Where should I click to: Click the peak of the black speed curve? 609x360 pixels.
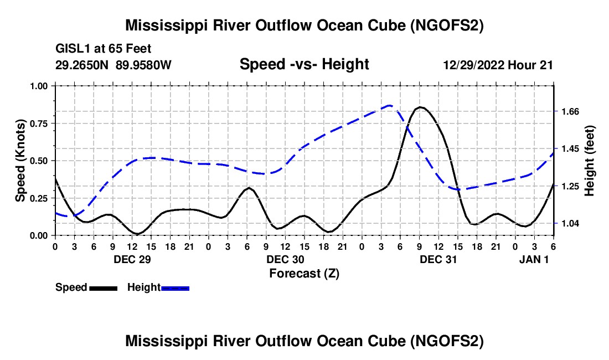coord(420,107)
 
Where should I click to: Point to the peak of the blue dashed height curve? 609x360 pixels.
coord(390,105)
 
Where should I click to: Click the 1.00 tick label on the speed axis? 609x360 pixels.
coord(38,86)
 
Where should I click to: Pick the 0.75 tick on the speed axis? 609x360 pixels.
coord(38,124)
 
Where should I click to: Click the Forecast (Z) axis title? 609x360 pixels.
coord(304,273)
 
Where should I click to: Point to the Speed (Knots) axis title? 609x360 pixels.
coord(20,161)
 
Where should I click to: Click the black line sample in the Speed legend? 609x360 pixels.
coord(103,288)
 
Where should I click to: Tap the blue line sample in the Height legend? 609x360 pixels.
coord(176,288)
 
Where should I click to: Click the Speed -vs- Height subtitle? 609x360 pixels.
coord(304,65)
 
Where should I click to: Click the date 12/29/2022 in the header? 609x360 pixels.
coord(474,65)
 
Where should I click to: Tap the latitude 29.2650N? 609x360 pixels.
coord(82,65)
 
